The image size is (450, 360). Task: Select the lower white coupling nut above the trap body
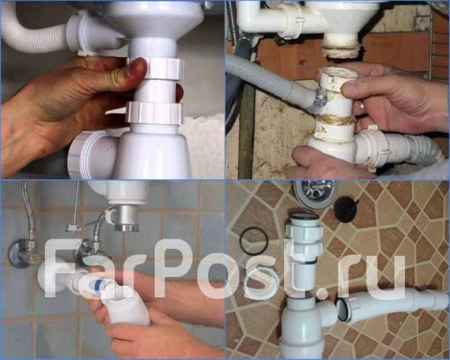[155, 112]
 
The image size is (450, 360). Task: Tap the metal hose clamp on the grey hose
[321, 98]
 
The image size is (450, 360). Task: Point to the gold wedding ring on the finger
[362, 106]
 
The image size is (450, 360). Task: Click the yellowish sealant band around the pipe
[335, 120]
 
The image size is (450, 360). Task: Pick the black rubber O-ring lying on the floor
[254, 240]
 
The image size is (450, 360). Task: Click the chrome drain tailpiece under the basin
[127, 218]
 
